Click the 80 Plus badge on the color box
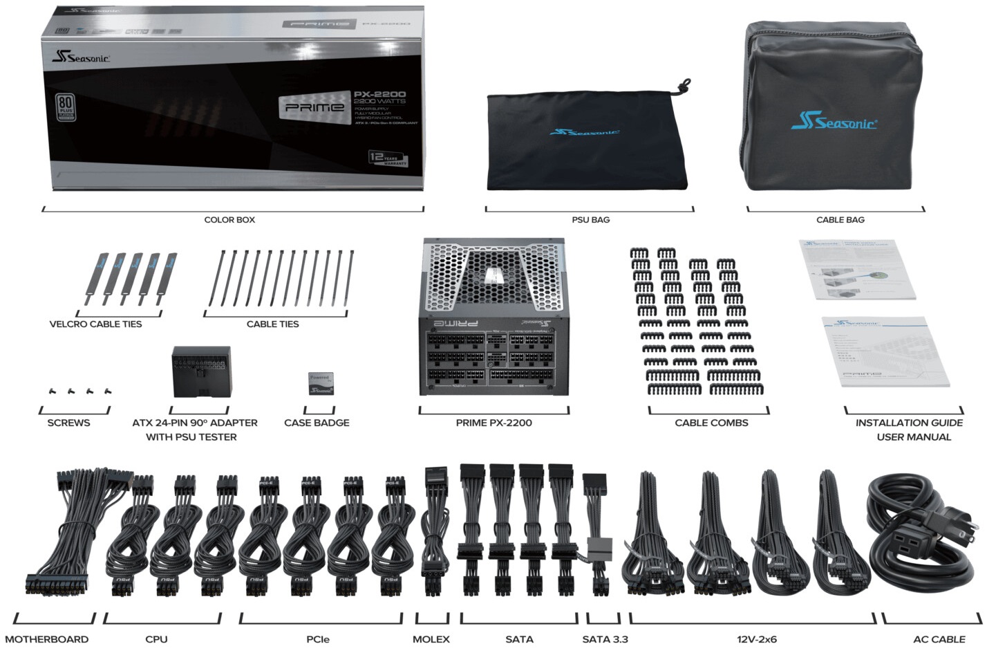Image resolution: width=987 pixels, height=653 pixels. click(x=66, y=108)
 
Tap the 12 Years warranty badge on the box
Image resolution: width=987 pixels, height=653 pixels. click(x=388, y=158)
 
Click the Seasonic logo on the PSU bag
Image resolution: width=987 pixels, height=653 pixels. click(x=584, y=131)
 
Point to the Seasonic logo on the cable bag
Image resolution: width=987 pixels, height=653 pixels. click(x=834, y=122)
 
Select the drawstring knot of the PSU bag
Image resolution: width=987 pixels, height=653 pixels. click(x=684, y=86)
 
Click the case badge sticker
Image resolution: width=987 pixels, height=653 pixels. click(x=320, y=384)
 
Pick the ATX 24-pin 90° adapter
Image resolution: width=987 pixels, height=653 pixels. click(x=200, y=371)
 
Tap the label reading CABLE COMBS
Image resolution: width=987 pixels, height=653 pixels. click(x=711, y=423)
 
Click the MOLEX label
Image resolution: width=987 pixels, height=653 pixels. click(x=431, y=639)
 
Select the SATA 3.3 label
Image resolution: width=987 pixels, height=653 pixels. click(x=605, y=639)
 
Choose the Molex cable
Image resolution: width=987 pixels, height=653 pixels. click(x=435, y=533)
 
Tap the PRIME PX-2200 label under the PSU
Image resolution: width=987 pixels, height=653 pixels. click(x=493, y=423)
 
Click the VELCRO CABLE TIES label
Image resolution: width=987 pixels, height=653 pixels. click(x=95, y=324)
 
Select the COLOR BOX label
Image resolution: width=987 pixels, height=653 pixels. click(x=229, y=219)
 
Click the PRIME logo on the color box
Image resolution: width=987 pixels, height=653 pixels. click(x=314, y=108)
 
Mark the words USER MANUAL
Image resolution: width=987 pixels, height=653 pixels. click(x=914, y=437)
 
